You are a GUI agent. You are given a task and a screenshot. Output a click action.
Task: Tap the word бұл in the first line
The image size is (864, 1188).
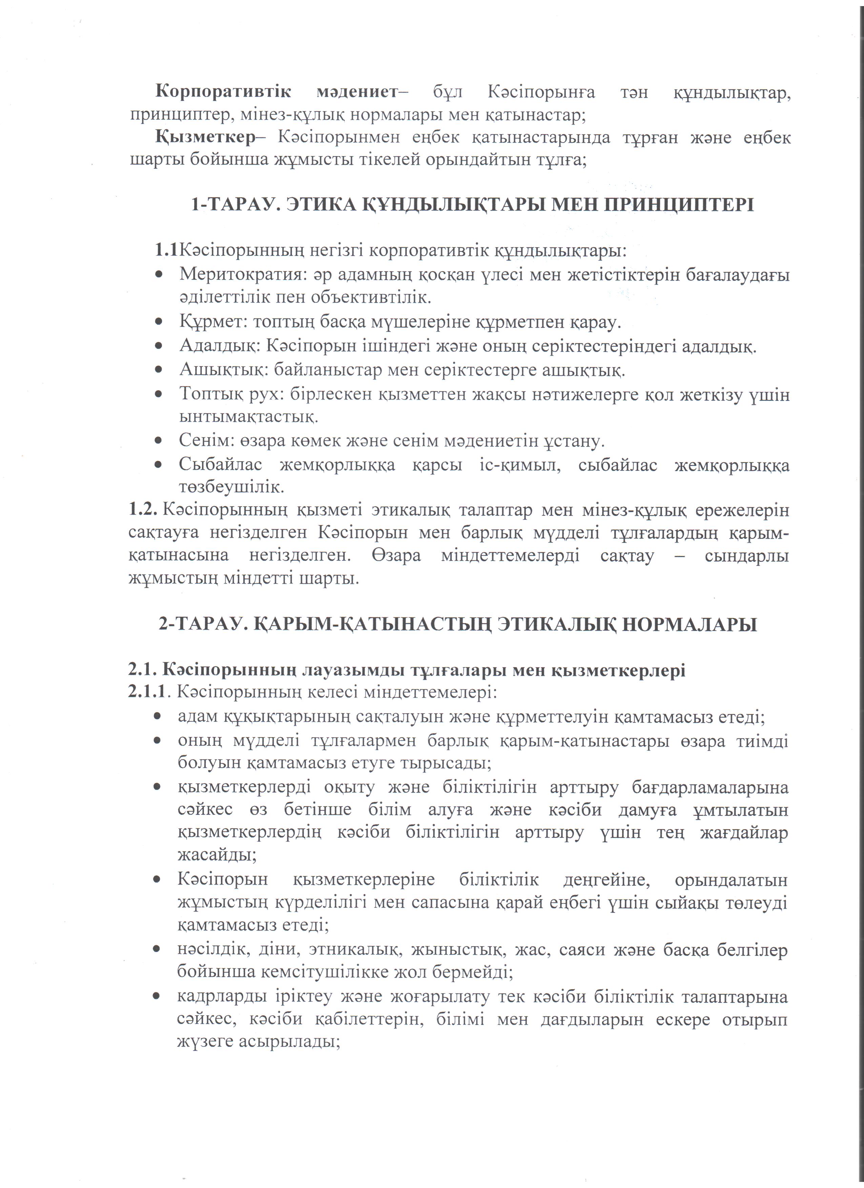click(x=448, y=92)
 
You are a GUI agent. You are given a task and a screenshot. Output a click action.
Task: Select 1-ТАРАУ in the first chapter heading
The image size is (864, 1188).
click(x=232, y=204)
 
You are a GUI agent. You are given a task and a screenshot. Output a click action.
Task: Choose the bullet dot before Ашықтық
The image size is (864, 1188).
click(x=158, y=370)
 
